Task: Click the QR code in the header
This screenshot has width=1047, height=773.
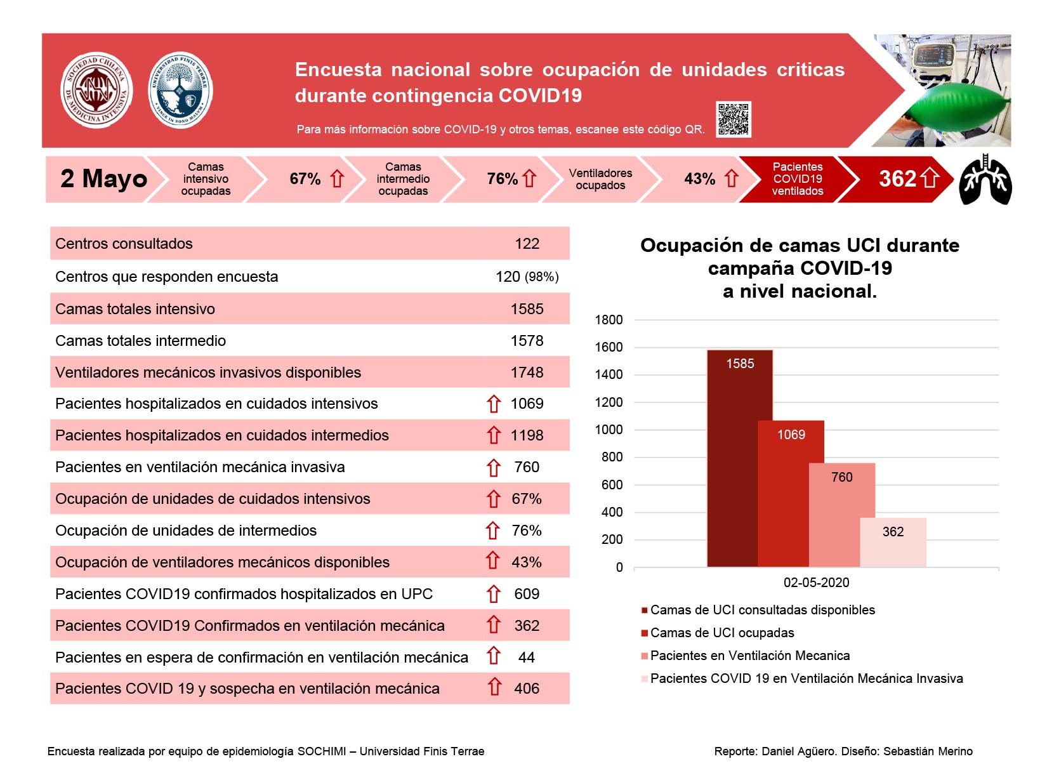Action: (733, 119)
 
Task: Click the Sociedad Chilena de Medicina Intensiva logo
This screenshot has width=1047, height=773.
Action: (96, 89)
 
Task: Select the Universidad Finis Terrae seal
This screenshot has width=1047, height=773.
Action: (180, 89)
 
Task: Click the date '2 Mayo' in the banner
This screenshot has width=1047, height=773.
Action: (103, 178)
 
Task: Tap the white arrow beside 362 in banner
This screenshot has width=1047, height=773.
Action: (930, 178)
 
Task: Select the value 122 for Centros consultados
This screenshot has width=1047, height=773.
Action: (527, 243)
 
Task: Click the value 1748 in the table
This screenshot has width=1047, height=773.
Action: (527, 372)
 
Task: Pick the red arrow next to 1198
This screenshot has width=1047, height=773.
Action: (493, 435)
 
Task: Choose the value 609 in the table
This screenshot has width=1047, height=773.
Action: (527, 593)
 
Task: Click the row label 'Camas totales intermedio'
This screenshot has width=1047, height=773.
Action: (140, 340)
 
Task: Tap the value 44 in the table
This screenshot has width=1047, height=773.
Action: (527, 657)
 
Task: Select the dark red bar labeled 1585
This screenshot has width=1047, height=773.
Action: (739, 458)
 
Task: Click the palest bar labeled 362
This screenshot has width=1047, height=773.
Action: (893, 541)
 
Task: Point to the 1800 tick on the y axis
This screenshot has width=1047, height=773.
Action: (609, 320)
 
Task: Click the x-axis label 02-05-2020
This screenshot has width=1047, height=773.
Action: (816, 582)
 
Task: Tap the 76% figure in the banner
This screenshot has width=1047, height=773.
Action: (502, 178)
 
